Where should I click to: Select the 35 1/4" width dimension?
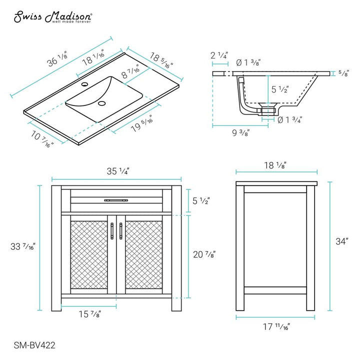pyautogui.click(x=117, y=171)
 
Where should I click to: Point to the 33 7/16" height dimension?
pyautogui.click(x=25, y=247)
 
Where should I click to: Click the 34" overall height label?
pyautogui.click(x=342, y=241)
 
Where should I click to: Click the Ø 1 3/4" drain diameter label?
pyautogui.click(x=290, y=119)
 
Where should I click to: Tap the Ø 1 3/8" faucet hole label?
pyautogui.click(x=248, y=62)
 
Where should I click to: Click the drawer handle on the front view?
pyautogui.click(x=116, y=200)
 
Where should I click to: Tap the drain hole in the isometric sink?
pyautogui.click(x=102, y=103)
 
